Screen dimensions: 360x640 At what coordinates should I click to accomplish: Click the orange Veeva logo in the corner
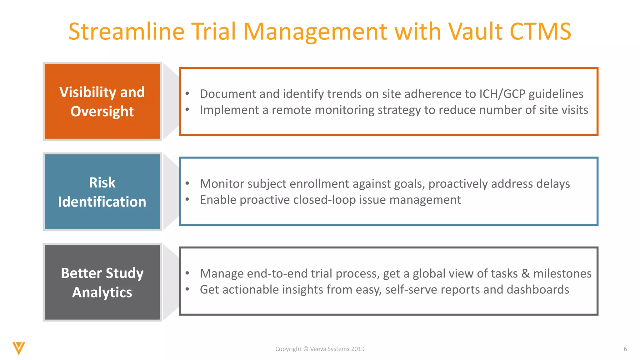[x=19, y=348]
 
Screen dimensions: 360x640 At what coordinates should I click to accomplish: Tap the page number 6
[x=625, y=349]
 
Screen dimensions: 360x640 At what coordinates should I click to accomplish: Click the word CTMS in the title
[x=540, y=32]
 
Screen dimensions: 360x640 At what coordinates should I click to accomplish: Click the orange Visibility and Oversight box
[x=102, y=101]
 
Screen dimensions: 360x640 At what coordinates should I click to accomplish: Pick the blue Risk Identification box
[x=102, y=192]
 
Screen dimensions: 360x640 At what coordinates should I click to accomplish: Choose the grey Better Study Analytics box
[x=102, y=282]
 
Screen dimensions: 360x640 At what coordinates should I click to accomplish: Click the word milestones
[x=562, y=274]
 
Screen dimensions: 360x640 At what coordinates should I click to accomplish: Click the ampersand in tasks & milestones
[x=525, y=274]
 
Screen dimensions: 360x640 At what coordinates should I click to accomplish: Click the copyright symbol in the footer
[x=306, y=349]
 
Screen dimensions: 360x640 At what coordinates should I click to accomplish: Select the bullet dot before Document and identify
[x=187, y=93]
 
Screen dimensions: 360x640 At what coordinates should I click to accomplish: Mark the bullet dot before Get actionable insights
[x=187, y=289]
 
